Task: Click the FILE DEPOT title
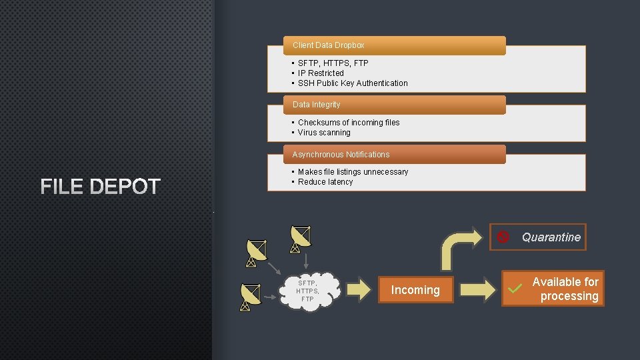pos(101,187)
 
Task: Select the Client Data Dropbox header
pos(386,45)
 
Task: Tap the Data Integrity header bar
pos(386,105)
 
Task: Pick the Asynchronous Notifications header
pos(386,155)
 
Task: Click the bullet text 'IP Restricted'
pos(321,73)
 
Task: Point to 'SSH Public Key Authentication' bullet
pos(353,83)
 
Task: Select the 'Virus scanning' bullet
pos(324,133)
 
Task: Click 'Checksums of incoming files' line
pos(349,123)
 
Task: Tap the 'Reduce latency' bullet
pos(325,182)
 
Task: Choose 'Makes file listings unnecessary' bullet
pos(353,172)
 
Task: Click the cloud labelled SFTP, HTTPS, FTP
pos(308,290)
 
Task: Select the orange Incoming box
pos(415,289)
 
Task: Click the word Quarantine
pos(551,237)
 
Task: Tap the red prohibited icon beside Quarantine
pos(504,237)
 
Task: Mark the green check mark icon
pos(514,289)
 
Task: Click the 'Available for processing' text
pos(565,289)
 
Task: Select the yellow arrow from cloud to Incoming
pos(359,289)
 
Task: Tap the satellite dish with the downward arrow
pos(301,239)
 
